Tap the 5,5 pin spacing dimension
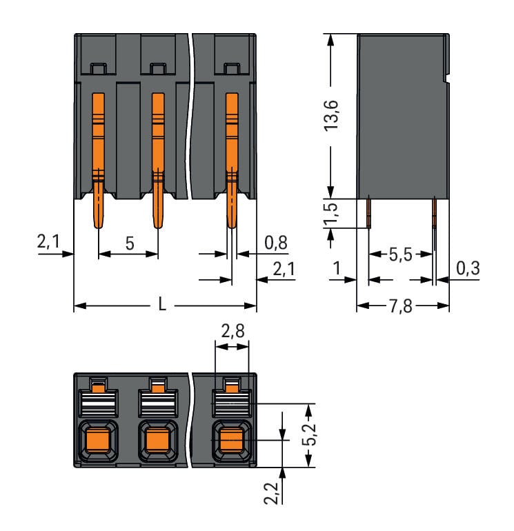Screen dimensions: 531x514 398,255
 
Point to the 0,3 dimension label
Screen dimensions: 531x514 468,268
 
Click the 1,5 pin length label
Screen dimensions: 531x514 333,214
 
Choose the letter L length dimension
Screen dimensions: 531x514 162,305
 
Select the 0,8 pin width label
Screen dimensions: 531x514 276,243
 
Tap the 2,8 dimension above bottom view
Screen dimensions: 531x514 231,333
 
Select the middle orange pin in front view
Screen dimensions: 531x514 158,159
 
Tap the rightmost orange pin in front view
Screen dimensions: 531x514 232,159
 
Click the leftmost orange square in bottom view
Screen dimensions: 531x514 97,439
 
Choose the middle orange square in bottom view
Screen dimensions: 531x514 157,439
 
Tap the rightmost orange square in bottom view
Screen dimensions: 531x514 230,439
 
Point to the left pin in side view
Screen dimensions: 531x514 368,212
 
